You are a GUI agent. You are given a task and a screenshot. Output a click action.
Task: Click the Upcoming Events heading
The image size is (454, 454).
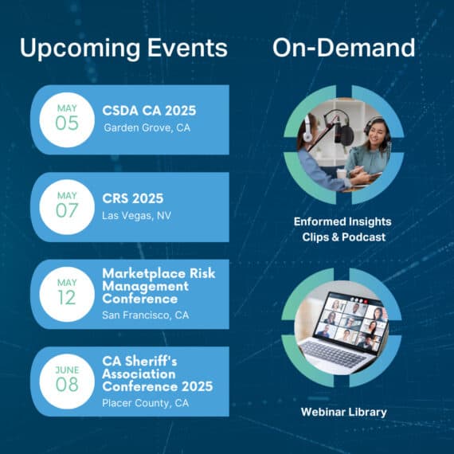pos(123,49)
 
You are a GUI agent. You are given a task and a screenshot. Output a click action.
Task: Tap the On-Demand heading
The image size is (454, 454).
pos(343,48)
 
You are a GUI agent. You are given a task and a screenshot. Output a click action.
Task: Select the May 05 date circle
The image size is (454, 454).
pos(67,119)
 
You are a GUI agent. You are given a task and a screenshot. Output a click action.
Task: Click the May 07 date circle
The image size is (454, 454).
pos(67,207)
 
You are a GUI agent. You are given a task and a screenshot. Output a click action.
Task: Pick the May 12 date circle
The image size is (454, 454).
pos(67,294)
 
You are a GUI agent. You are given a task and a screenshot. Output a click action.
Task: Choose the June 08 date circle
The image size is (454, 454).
pos(67,382)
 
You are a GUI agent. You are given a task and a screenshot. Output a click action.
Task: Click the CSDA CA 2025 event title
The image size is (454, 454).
pos(149,111)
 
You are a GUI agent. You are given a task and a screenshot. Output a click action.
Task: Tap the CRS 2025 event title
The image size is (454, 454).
pos(132,198)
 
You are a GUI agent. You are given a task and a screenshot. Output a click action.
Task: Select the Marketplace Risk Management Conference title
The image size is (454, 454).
pos(159,286)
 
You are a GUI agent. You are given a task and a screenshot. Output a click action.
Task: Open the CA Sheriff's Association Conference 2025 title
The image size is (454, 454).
pos(158,374)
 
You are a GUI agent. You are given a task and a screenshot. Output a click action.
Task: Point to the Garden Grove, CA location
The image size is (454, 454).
pos(147,127)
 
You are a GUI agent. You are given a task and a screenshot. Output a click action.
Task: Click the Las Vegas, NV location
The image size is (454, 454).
pos(137,215)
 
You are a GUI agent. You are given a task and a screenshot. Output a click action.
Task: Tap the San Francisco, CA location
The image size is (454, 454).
pos(145,315)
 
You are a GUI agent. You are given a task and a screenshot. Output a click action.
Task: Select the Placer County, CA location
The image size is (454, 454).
pos(145,403)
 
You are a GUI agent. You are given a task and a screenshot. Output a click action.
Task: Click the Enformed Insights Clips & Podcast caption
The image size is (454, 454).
pos(342,229)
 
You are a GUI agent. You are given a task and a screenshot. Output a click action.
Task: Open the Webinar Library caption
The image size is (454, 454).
pos(343,412)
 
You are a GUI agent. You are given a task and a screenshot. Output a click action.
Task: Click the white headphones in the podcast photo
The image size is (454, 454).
pos(307,131)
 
